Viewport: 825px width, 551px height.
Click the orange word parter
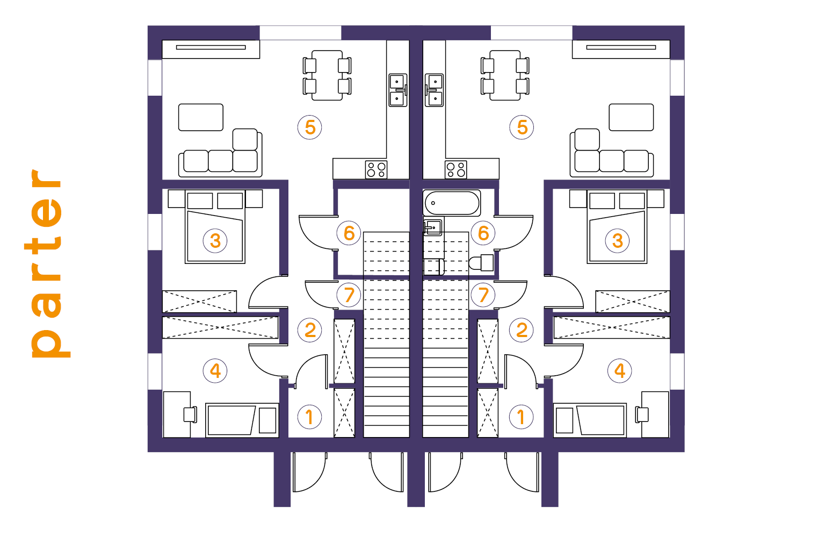[46, 263]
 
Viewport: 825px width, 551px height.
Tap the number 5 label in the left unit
[310, 127]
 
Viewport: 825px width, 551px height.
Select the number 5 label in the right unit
[522, 127]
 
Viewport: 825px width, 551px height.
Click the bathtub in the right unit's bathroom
[452, 203]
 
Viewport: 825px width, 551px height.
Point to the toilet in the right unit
[481, 263]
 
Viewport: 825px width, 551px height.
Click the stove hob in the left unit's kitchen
[376, 170]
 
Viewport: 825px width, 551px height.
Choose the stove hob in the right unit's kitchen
[455, 170]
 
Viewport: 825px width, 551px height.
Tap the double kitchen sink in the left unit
[398, 90]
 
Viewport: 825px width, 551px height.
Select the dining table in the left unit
[327, 76]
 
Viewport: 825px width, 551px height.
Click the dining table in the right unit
[505, 76]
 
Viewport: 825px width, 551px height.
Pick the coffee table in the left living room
[201, 117]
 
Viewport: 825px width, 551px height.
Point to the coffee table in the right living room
[631, 117]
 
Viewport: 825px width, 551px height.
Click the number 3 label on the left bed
[215, 241]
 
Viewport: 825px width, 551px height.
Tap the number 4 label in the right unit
[619, 371]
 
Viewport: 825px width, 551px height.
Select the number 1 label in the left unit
[310, 417]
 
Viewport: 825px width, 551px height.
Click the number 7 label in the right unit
[483, 295]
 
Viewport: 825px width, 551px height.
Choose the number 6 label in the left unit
[349, 233]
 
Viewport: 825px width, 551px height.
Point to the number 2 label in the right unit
[522, 330]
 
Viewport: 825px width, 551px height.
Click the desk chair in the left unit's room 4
[190, 414]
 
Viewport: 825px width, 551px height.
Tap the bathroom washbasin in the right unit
[432, 227]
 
